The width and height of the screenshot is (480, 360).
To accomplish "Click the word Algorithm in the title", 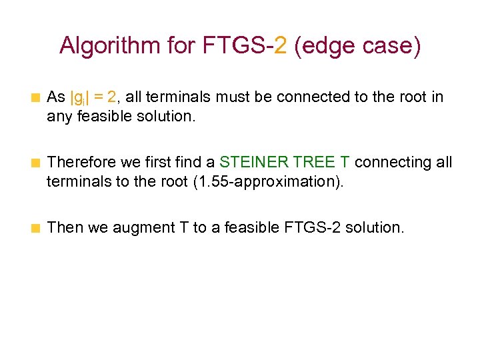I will tap(102, 46).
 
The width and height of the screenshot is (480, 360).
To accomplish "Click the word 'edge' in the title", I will tap(325, 46).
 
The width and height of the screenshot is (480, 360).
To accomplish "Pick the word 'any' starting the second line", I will tap(58, 117).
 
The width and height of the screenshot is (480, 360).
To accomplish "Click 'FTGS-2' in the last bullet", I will tap(307, 227).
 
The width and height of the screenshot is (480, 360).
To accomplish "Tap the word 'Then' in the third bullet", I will tap(64, 227).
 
